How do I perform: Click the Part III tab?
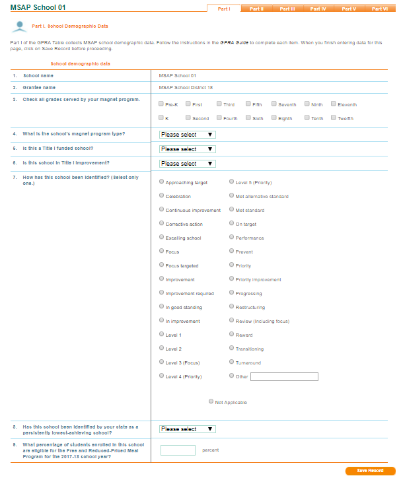pyautogui.click(x=287, y=9)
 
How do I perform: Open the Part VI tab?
pyautogui.click(x=379, y=9)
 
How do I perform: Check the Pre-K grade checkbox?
pyautogui.click(x=162, y=104)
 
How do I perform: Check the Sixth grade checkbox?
pyautogui.click(x=248, y=118)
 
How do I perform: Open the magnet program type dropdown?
pyautogui.click(x=188, y=135)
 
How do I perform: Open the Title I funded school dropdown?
pyautogui.click(x=188, y=149)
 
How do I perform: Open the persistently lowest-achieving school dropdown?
pyautogui.click(x=188, y=429)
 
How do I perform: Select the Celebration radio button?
pyautogui.click(x=162, y=195)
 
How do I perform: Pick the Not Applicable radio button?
pyautogui.click(x=211, y=401)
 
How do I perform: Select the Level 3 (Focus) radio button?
pyautogui.click(x=162, y=362)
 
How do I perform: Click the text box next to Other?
pyautogui.click(x=284, y=376)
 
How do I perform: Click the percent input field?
pyautogui.click(x=178, y=450)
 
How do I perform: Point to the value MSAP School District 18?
pyautogui.click(x=186, y=87)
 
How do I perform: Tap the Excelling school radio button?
pyautogui.click(x=162, y=237)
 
